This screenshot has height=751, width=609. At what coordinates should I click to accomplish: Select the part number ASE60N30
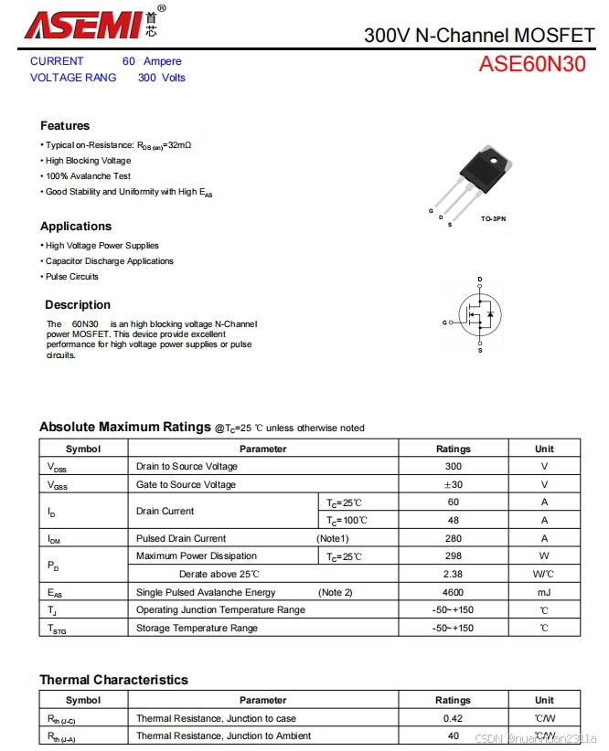[x=532, y=64]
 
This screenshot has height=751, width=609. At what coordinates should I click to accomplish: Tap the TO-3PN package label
[x=493, y=219]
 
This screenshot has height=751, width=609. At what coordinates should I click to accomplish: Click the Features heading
[x=65, y=125]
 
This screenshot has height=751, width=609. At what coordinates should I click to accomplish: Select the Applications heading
[x=76, y=226]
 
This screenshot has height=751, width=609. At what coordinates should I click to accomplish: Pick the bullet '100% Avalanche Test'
[x=88, y=176]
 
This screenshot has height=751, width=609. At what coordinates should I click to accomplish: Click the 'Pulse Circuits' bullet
[x=72, y=277]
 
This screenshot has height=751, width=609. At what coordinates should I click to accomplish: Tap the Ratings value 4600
[x=453, y=592]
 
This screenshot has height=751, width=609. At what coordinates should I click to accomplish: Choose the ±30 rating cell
[x=453, y=484]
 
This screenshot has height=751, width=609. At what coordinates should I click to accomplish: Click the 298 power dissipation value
[x=453, y=555]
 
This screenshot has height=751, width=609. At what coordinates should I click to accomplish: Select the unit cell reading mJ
[x=544, y=592]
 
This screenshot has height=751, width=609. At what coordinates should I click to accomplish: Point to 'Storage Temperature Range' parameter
[x=197, y=628]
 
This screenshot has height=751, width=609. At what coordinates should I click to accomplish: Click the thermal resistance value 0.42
[x=453, y=718]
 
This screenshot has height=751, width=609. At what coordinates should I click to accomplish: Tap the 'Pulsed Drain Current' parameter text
[x=181, y=538]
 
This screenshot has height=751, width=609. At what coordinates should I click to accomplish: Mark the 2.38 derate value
[x=453, y=574]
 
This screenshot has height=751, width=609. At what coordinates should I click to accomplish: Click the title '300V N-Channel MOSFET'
[x=479, y=35]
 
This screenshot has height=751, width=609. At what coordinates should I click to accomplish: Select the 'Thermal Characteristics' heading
[x=113, y=680]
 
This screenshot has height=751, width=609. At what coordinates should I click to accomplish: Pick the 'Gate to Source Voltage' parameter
[x=186, y=484]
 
